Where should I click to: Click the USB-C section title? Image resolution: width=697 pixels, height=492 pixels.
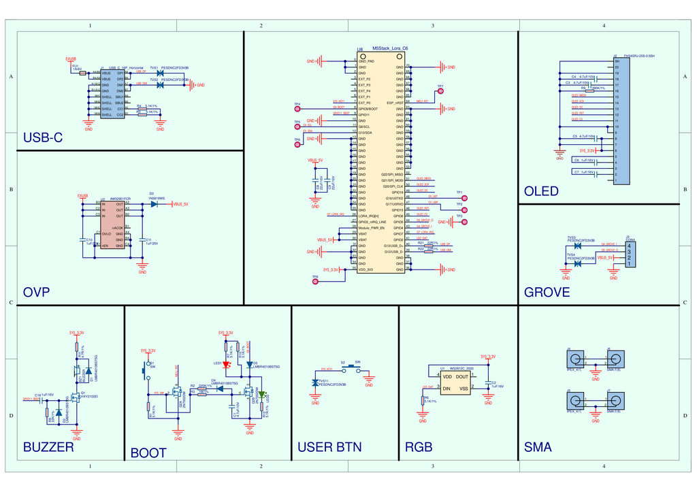42,138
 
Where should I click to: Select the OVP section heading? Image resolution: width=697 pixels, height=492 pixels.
36,293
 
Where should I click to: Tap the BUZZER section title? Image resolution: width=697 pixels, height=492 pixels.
48,447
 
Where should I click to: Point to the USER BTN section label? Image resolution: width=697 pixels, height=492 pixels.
329,447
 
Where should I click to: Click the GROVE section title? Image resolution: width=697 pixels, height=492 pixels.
547,293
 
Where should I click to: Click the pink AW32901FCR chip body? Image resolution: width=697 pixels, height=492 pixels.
113,225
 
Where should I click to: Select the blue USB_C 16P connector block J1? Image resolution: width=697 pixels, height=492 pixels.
112,93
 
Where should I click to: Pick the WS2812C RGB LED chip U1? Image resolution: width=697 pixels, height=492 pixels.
455,382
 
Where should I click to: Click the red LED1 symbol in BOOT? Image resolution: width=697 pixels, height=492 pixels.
227,364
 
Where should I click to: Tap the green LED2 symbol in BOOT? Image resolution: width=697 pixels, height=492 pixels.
261,394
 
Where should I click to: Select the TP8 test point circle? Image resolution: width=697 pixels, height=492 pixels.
315,282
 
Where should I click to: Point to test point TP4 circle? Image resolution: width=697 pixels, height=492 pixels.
297,109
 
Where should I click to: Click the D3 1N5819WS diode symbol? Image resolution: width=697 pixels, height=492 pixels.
154,203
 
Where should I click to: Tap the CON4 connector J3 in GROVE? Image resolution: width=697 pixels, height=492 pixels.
629,254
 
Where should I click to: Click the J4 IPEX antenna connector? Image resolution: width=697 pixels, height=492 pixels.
577,360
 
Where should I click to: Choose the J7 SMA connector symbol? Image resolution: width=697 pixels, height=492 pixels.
615,401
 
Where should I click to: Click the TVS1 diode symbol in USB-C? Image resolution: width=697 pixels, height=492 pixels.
159,73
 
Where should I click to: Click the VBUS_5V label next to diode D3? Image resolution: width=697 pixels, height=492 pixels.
180,204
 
